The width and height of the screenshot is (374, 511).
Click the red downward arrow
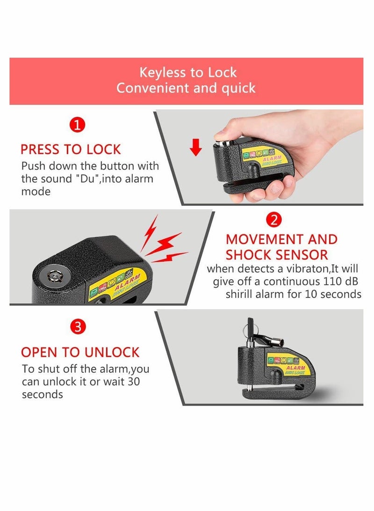pyautogui.click(x=196, y=147)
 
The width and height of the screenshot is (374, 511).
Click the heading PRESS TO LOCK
pyautogui.click(x=71, y=149)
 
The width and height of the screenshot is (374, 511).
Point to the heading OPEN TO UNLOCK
pyautogui.click(x=80, y=352)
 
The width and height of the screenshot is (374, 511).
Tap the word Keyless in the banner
pyautogui.click(x=161, y=73)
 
